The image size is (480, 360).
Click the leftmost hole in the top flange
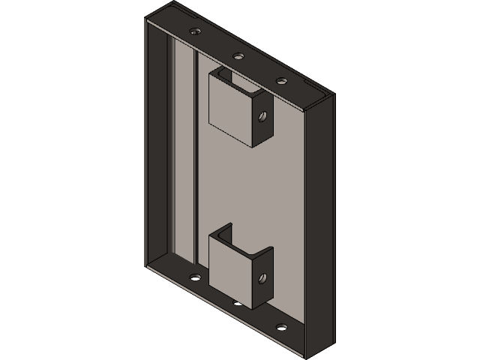(x=196, y=32)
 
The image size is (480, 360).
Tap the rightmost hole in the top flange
(x=282, y=80)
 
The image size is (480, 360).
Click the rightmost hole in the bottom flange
(x=282, y=327)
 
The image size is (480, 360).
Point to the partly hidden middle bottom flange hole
(x=238, y=304)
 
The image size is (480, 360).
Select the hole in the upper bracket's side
(x=262, y=116)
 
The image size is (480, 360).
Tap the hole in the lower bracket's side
(x=262, y=278)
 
